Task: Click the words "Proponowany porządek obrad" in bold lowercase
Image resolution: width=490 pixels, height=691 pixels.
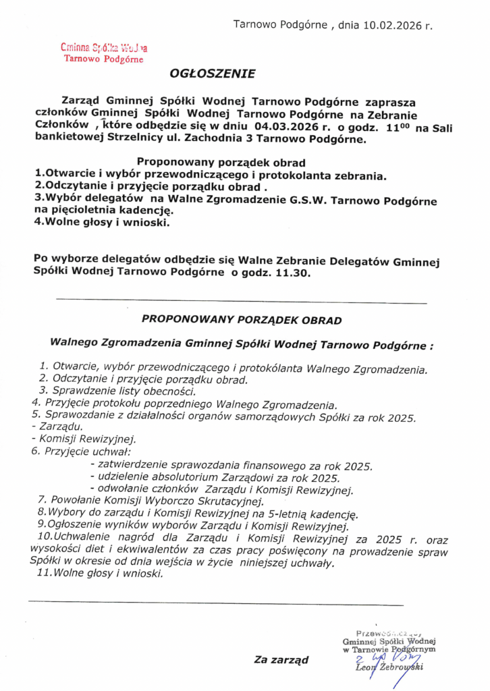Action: [221, 162]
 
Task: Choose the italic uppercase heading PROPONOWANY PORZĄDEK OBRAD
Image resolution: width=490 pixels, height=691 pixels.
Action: [242, 319]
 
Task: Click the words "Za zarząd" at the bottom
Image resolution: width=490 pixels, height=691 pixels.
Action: [281, 659]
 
